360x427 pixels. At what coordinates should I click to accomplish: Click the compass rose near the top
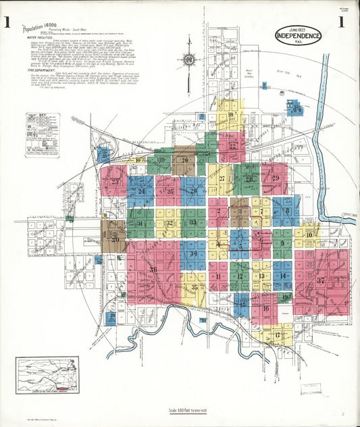click(188, 63)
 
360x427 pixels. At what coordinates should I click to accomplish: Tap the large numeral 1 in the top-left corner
click(8, 22)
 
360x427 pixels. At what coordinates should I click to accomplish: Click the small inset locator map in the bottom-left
click(47, 375)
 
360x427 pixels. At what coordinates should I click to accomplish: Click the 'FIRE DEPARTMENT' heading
click(41, 70)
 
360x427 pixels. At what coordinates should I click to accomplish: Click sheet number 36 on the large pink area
click(153, 270)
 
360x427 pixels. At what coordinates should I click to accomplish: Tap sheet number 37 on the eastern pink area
click(321, 280)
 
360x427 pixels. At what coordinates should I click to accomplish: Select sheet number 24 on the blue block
click(141, 191)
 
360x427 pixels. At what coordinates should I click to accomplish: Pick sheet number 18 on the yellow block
click(231, 115)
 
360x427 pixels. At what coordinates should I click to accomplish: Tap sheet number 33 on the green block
click(193, 222)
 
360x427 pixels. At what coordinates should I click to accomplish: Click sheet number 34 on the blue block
click(193, 253)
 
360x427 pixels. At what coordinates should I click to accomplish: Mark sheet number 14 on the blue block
click(283, 275)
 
